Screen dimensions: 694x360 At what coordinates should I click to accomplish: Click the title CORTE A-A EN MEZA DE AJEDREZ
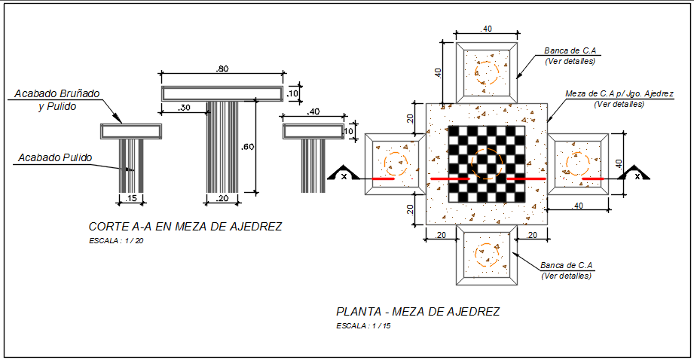click(x=185, y=227)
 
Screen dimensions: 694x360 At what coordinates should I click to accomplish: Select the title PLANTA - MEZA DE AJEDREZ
click(x=417, y=311)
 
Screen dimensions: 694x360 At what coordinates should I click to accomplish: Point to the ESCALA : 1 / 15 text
click(x=364, y=326)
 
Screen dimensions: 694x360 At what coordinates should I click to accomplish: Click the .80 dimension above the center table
click(x=222, y=69)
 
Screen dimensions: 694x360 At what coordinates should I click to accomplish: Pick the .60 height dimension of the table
click(x=247, y=147)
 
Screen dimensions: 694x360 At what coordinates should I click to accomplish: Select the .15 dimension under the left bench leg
click(x=131, y=199)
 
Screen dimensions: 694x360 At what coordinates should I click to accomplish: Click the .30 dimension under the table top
click(x=184, y=108)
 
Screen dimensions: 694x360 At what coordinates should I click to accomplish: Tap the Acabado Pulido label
click(x=55, y=158)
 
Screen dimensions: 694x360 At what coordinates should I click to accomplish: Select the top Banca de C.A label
click(x=570, y=51)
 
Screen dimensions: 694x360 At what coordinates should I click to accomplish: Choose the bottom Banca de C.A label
click(x=567, y=265)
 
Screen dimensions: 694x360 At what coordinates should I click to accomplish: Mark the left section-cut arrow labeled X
click(x=344, y=174)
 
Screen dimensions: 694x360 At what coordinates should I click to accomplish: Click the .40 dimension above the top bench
click(x=487, y=29)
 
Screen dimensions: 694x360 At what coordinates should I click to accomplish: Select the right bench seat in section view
click(x=313, y=131)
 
